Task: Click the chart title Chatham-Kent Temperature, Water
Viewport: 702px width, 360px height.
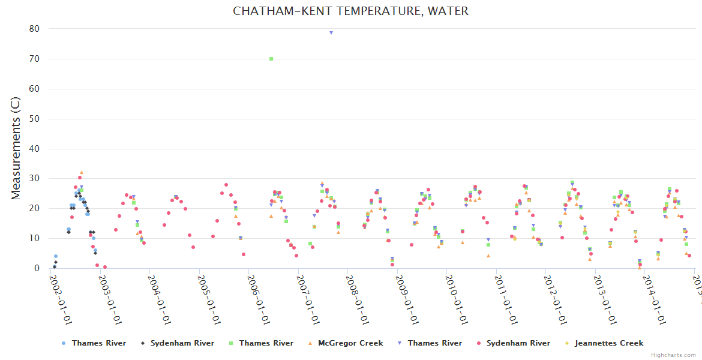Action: click(351, 11)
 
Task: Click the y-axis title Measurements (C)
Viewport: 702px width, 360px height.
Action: click(16, 149)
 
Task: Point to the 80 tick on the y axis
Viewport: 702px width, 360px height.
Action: click(34, 29)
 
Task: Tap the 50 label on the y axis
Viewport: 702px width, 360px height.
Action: click(34, 119)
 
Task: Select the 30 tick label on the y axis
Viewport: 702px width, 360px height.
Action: click(34, 179)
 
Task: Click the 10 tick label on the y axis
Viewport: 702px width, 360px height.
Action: click(34, 238)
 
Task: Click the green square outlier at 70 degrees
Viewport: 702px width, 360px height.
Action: click(271, 59)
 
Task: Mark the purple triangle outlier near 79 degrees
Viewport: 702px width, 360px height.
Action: click(331, 32)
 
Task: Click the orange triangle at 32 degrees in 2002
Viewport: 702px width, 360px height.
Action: click(82, 173)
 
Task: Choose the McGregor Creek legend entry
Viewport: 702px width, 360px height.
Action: click(350, 343)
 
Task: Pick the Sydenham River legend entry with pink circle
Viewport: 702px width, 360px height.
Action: click(518, 343)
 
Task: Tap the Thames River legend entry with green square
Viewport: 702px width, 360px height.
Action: click(266, 343)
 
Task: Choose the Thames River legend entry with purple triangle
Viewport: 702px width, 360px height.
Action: click(434, 343)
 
